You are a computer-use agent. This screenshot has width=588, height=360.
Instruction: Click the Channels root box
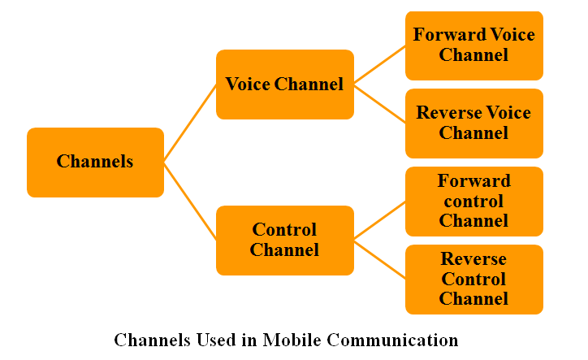(x=95, y=162)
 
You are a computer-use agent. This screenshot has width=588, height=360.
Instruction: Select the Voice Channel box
(x=284, y=85)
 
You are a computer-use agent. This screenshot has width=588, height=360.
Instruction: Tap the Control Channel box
(x=284, y=240)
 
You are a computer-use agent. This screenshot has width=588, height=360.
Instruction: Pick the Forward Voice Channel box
(x=473, y=46)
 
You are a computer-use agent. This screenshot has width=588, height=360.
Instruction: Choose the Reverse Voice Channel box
(x=473, y=123)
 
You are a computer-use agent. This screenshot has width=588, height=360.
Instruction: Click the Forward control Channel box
(x=473, y=201)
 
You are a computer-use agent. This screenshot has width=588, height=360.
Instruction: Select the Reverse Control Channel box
(x=473, y=279)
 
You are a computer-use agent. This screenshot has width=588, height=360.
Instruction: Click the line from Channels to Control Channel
(x=190, y=201)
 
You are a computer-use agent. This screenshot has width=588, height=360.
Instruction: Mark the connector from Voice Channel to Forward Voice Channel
(x=379, y=65)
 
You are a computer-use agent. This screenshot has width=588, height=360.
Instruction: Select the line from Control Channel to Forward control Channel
(x=379, y=220)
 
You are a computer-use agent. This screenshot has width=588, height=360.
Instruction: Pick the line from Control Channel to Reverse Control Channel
(x=379, y=259)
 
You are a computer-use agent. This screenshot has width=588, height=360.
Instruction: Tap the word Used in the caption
(x=211, y=340)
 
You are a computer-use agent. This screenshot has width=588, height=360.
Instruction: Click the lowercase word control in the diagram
(x=473, y=201)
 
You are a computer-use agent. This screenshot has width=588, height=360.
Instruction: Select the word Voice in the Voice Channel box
(x=248, y=85)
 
